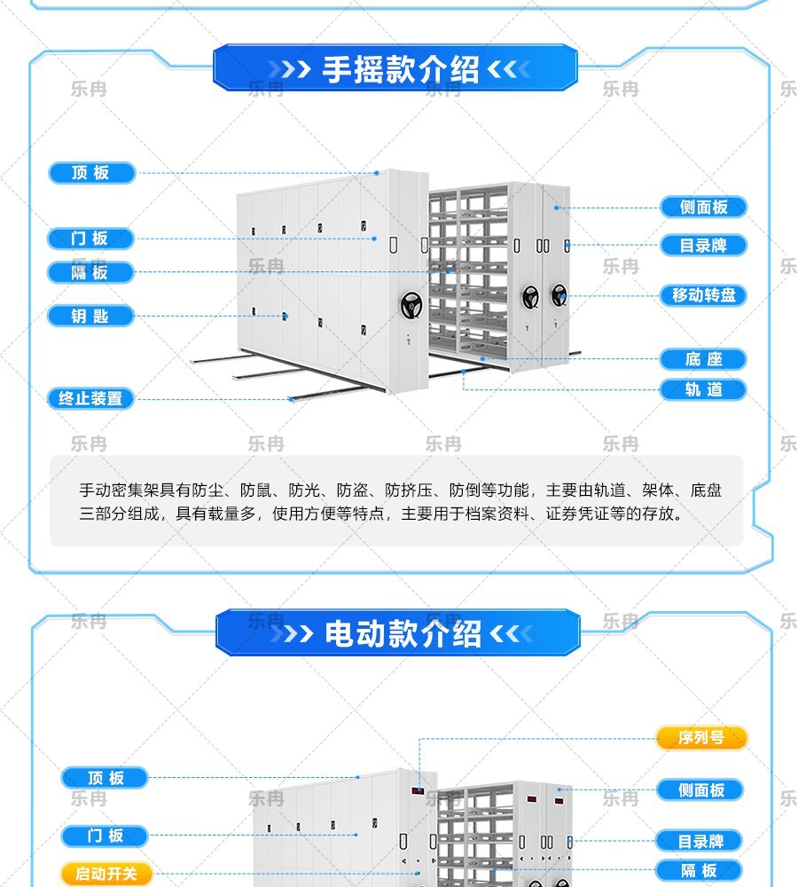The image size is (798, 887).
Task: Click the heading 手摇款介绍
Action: coord(400,70)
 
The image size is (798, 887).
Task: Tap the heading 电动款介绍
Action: coord(403,634)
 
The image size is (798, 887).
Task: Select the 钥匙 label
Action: coord(90,316)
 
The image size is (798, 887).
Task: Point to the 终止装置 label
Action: coord(90,398)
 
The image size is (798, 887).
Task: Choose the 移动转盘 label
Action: coord(703,295)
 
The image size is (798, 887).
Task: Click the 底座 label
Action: coord(703,359)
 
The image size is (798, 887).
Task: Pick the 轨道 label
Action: coord(703,389)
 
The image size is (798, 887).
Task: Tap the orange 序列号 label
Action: coord(701,738)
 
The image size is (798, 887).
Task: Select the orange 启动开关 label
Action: coord(106,874)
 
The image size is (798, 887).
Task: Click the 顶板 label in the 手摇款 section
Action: coord(90,173)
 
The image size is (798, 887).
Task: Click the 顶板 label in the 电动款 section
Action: coord(105,778)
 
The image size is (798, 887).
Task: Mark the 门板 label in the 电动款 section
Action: coord(105,836)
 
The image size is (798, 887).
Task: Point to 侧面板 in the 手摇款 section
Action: coord(703,208)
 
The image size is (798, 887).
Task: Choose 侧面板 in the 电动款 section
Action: coord(701,789)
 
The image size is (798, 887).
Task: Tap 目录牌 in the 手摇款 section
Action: coord(703,246)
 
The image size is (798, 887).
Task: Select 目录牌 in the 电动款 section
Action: coord(701,841)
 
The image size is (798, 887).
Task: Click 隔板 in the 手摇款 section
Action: coord(90,272)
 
